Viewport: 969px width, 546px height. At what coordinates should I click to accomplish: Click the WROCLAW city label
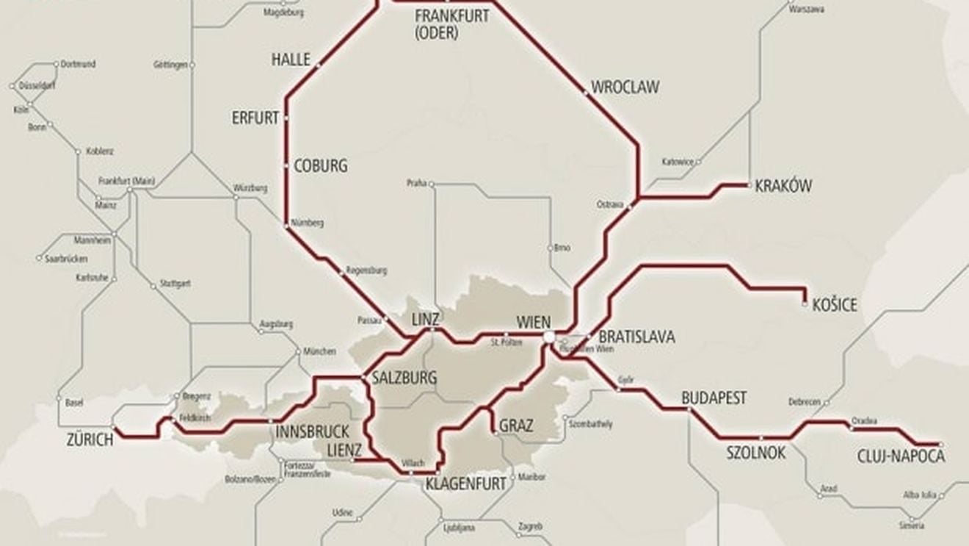[625, 86]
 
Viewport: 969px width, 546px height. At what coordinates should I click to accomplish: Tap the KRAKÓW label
[783, 187]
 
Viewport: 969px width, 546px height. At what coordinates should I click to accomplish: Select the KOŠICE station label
[835, 306]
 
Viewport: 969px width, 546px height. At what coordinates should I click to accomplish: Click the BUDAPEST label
[714, 398]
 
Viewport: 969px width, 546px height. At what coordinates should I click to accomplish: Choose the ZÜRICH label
[90, 440]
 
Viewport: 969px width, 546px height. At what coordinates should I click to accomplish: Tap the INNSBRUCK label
[312, 431]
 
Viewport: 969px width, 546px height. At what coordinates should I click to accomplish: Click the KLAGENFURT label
[466, 484]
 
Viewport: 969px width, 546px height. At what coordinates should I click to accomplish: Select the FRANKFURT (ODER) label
[451, 24]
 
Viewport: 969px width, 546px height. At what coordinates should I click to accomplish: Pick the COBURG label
[320, 166]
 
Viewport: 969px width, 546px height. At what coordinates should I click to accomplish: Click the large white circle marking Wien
[549, 337]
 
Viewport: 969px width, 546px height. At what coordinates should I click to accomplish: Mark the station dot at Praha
[432, 183]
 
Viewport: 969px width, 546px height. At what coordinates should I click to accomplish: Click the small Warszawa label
[807, 10]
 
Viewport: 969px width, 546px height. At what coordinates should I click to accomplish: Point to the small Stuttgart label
[175, 283]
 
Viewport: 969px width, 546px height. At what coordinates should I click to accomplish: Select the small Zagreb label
[529, 526]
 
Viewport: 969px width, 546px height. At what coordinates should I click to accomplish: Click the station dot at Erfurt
[286, 118]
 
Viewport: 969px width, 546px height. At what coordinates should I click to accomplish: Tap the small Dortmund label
[78, 64]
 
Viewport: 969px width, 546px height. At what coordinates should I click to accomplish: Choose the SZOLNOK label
[755, 453]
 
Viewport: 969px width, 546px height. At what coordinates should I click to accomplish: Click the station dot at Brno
[551, 247]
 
